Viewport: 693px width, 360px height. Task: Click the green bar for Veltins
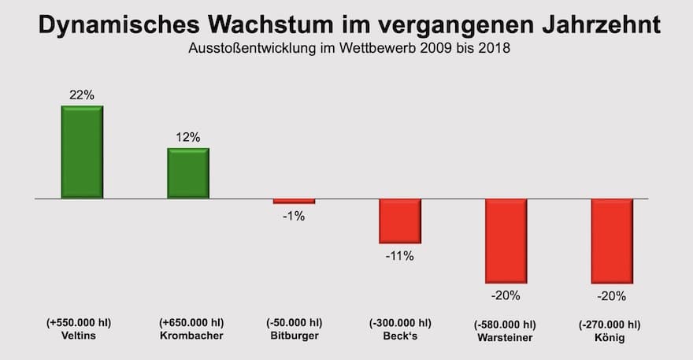click(x=82, y=152)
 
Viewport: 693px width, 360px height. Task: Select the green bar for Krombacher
click(x=187, y=173)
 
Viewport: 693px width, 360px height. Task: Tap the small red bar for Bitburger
click(x=293, y=202)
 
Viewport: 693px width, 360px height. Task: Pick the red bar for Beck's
click(x=399, y=221)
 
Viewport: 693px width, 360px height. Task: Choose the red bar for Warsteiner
click(x=506, y=240)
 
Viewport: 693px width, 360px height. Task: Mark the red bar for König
click(x=612, y=240)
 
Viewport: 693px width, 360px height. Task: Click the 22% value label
click(x=81, y=95)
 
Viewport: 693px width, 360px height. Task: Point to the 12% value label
click(x=187, y=137)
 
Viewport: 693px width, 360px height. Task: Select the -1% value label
click(x=293, y=216)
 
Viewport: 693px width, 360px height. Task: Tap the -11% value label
click(x=399, y=255)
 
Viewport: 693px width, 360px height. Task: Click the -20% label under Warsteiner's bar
click(x=506, y=296)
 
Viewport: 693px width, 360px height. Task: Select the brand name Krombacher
click(x=191, y=337)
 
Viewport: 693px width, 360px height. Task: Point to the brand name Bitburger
click(x=294, y=337)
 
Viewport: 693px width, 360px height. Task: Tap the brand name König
click(x=610, y=337)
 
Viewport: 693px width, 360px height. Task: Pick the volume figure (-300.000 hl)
click(x=400, y=323)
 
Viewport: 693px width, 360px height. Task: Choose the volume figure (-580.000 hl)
click(x=505, y=324)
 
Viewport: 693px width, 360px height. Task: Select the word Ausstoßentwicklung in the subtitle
click(x=253, y=49)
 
